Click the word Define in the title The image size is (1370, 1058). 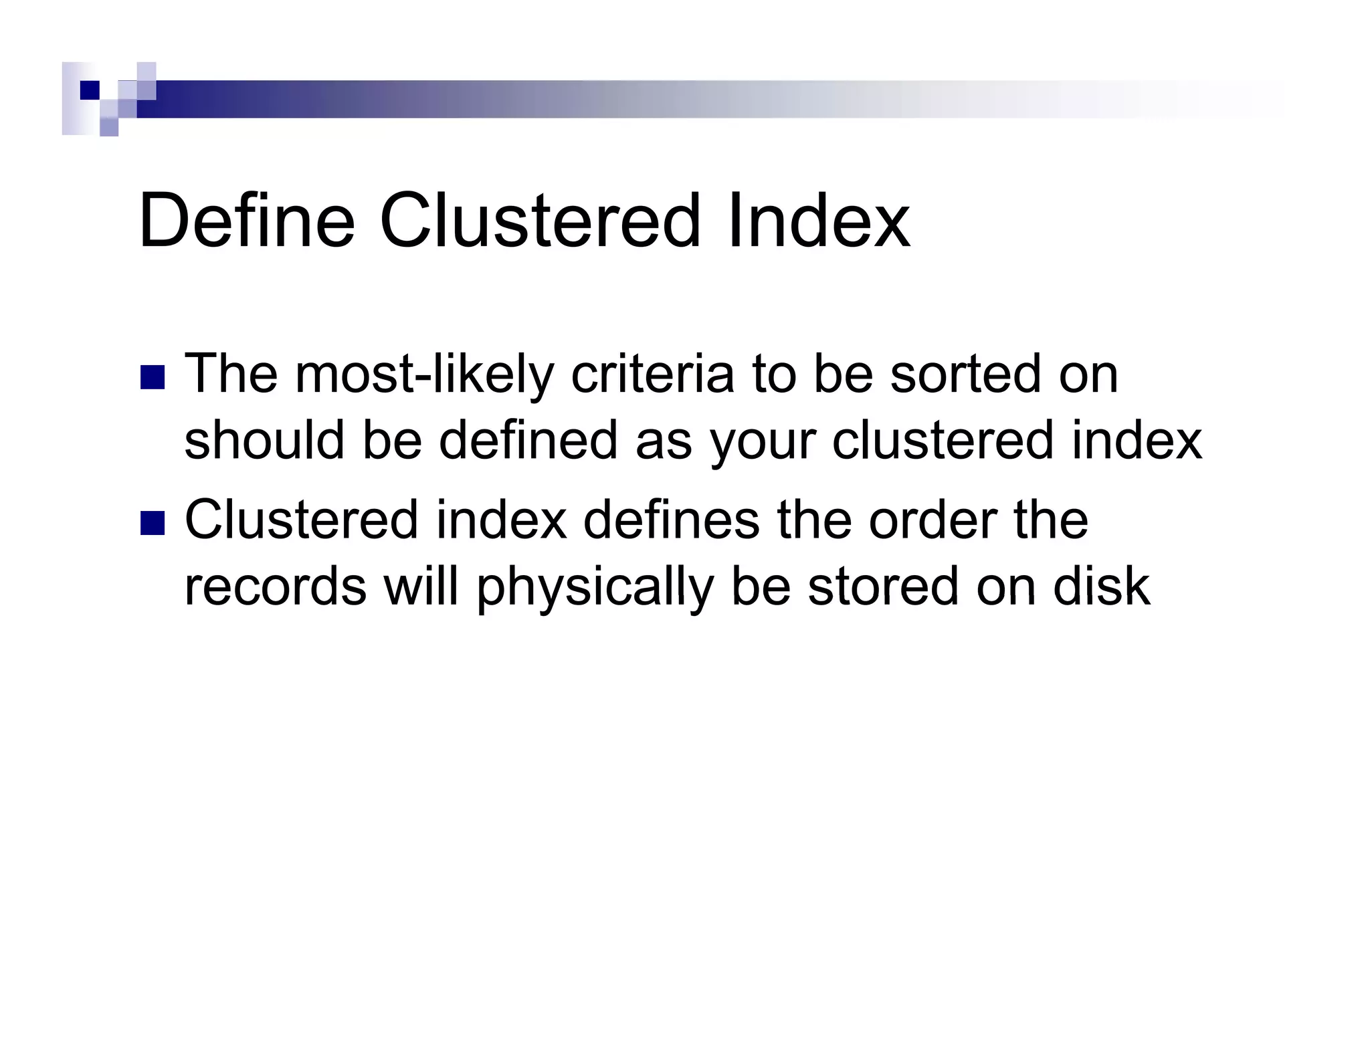coord(246,221)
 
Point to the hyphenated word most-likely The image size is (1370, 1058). coord(424,375)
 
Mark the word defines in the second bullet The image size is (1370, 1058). coord(671,520)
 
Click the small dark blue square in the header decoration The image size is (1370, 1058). coord(90,90)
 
